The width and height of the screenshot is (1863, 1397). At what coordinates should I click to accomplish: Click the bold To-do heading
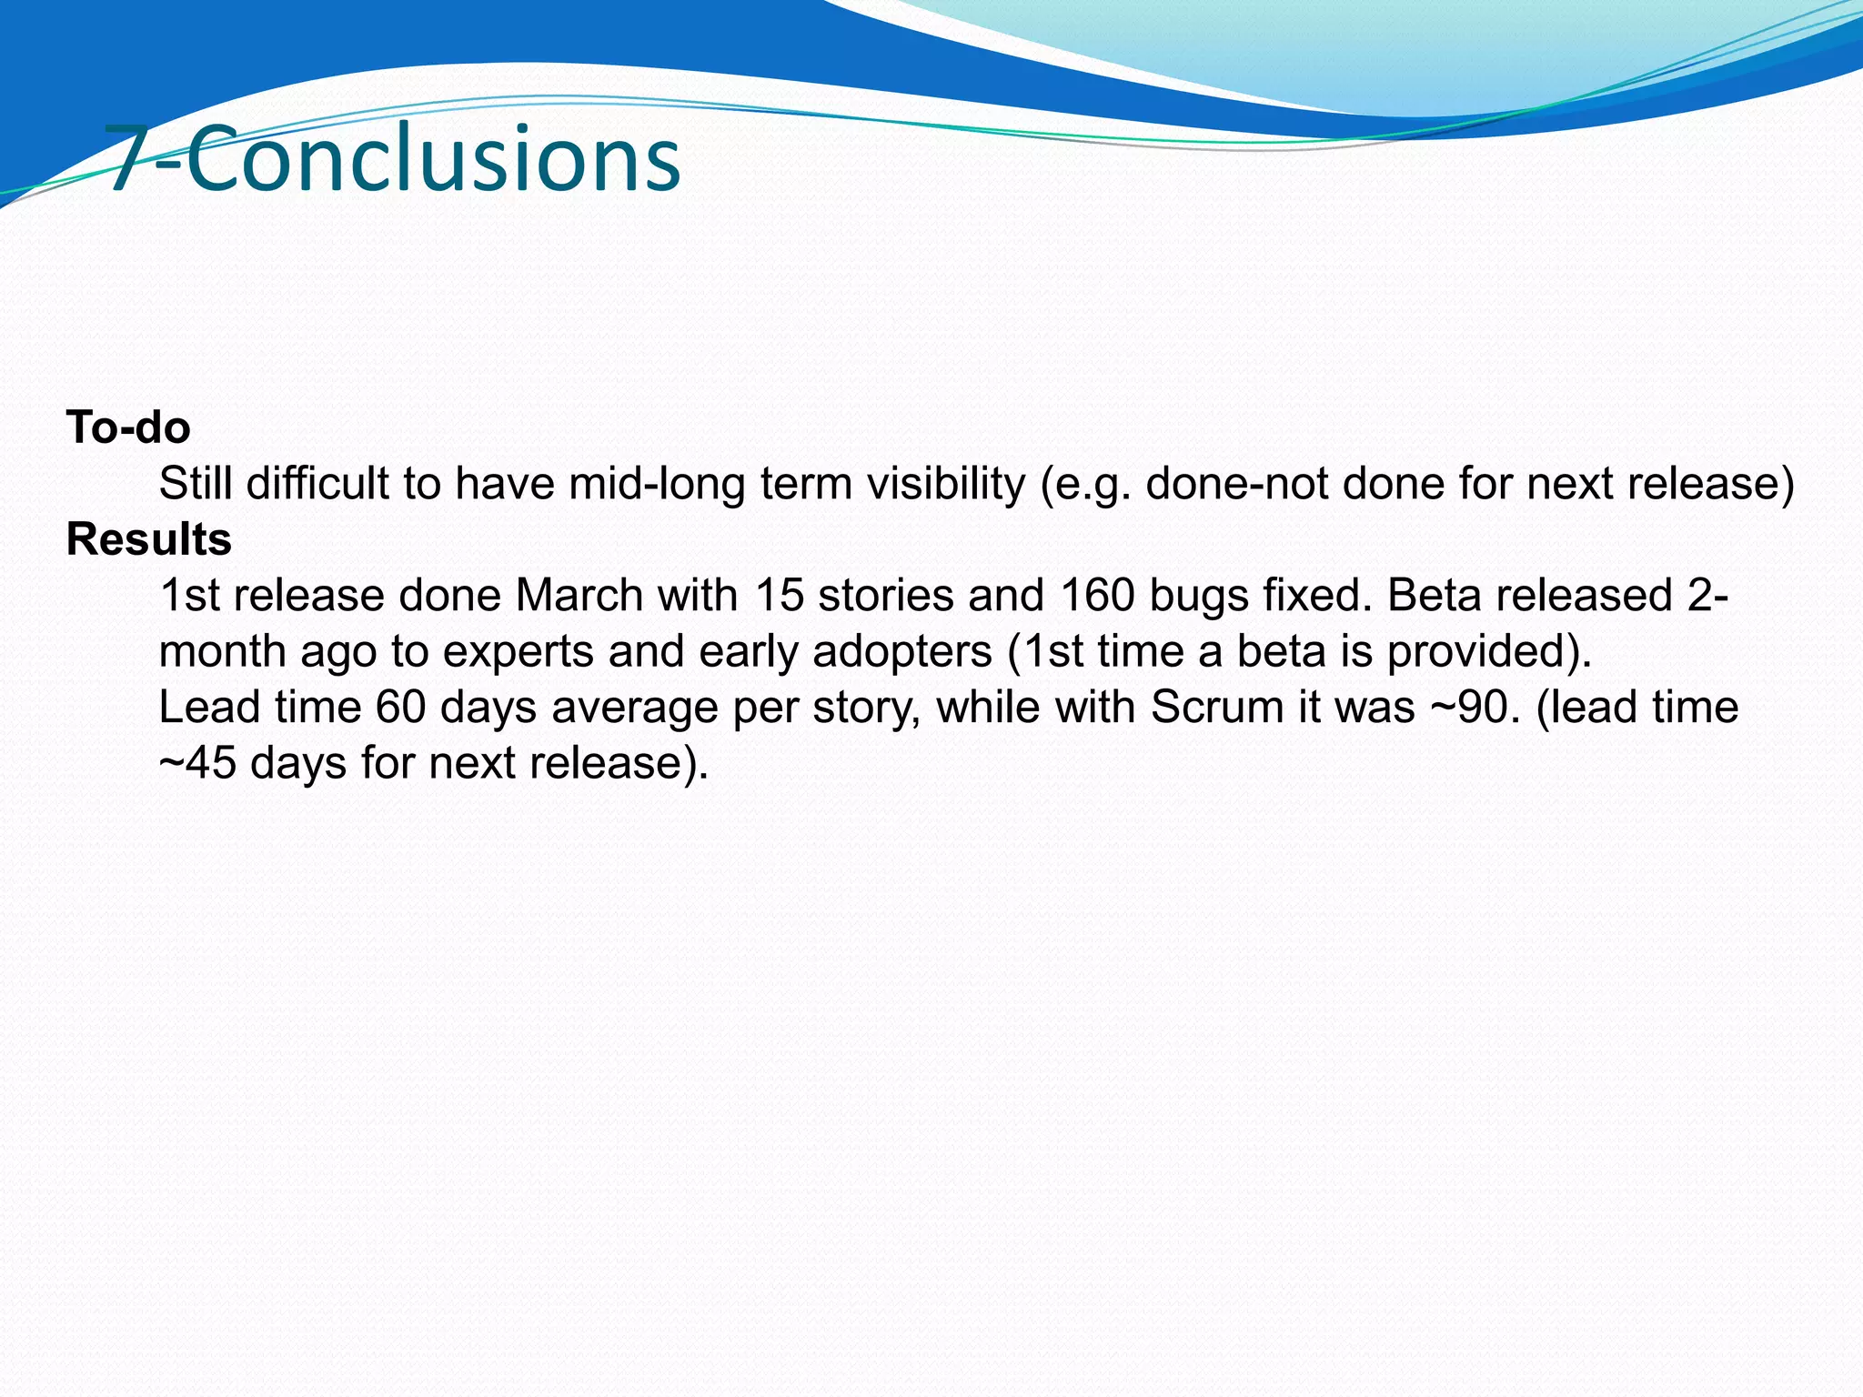pyautogui.click(x=128, y=427)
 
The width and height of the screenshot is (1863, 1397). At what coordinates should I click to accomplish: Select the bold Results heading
pyautogui.click(x=149, y=539)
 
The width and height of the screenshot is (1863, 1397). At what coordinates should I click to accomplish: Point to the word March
pyautogui.click(x=579, y=596)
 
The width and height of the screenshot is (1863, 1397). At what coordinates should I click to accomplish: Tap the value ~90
pyautogui.click(x=1472, y=708)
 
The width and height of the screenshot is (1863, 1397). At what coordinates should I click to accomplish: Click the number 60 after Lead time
pyautogui.click(x=400, y=708)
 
